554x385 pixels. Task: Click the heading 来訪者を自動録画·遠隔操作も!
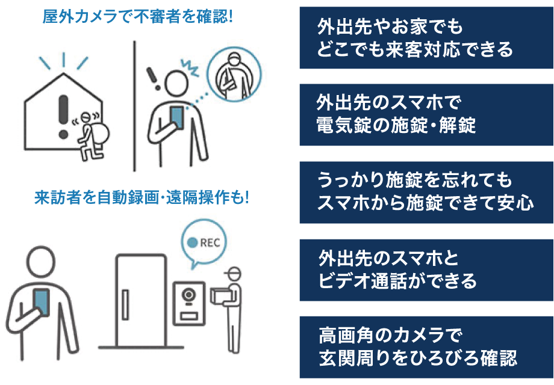point(142,197)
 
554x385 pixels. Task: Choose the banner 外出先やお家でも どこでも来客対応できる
point(426,38)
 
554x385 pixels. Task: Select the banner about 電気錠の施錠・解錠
point(426,114)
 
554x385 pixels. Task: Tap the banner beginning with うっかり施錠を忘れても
point(426,192)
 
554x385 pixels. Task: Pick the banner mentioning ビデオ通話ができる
point(426,269)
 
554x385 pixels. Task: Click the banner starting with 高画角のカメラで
point(426,347)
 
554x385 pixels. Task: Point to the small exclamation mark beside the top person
point(153,76)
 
